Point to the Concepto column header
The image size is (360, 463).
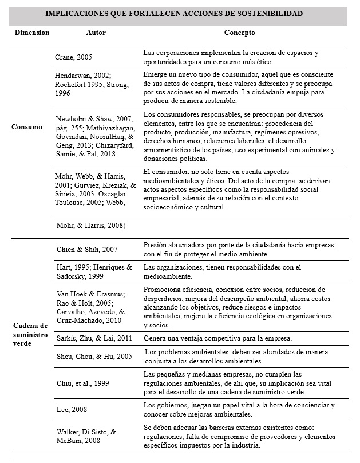click(x=236, y=33)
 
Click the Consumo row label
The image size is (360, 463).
click(x=26, y=126)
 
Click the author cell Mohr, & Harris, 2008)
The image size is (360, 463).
click(x=90, y=225)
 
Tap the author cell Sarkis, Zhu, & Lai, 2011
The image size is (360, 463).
click(x=93, y=338)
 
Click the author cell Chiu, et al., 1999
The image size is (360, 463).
click(x=81, y=383)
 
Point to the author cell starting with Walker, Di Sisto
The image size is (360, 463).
click(x=91, y=436)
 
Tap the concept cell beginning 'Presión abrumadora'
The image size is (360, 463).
click(x=239, y=248)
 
